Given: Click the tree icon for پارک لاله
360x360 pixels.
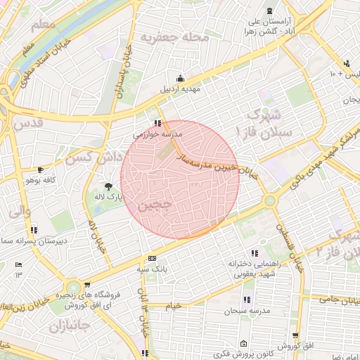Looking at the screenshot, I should (108, 186).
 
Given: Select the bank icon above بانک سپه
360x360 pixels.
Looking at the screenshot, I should (153, 258).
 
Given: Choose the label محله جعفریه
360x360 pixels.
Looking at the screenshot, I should (174, 36).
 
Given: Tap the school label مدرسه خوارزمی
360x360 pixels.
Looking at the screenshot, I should (158, 133).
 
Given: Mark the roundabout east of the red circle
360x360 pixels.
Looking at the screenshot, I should (269, 201).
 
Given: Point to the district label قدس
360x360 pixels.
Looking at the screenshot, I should (27, 125).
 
